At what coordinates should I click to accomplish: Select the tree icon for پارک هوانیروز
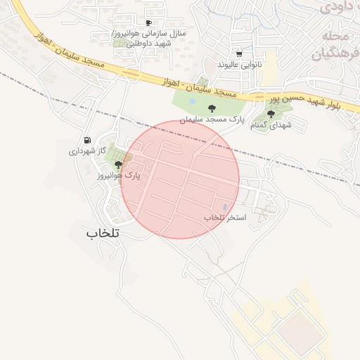click(117, 165)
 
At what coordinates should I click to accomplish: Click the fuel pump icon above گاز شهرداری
click(87, 141)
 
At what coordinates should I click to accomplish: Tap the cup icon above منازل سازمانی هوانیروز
click(148, 22)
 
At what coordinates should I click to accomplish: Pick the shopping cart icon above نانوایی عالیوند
click(239, 53)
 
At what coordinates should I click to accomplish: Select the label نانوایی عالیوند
click(239, 64)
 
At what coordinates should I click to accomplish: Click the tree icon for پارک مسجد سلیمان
click(211, 108)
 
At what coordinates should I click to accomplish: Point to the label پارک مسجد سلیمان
click(211, 120)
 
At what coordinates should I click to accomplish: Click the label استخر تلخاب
click(225, 218)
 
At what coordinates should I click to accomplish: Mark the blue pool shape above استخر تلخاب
click(225, 207)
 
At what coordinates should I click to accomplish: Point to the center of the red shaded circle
click(181, 179)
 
